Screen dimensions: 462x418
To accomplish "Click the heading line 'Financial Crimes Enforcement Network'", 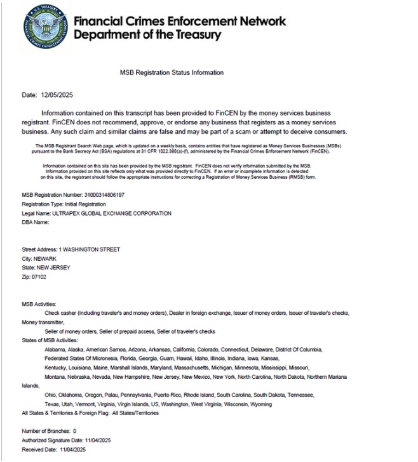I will pos(180,20).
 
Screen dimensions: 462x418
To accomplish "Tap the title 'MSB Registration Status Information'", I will pos(172,73).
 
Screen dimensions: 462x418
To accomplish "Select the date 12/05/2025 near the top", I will pos(57,95).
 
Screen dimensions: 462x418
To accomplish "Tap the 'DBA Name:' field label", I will pos(36,222).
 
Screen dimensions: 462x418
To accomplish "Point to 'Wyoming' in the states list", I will pos(260,404).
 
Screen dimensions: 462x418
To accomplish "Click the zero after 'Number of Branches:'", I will pos(74,431).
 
